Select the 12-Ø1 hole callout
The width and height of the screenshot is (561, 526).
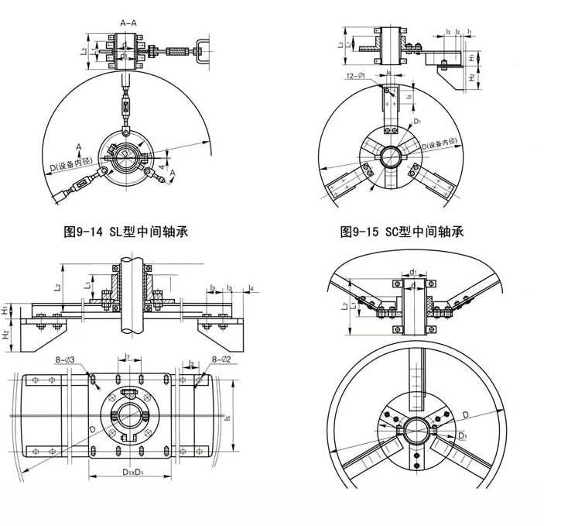point(361,77)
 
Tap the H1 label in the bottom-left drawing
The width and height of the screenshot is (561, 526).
point(5,310)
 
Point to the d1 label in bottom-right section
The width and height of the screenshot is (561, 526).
point(414,273)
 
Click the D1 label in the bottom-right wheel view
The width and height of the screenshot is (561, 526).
point(463,437)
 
